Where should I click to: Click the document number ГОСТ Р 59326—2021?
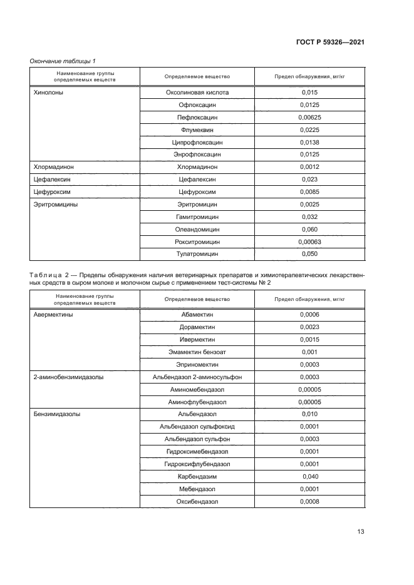pyautogui.click(x=329, y=43)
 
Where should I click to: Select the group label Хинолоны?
pyautogui.click(x=48, y=93)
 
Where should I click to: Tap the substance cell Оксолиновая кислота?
pyautogui.click(x=197, y=93)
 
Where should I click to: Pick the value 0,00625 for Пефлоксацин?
pyautogui.click(x=309, y=118)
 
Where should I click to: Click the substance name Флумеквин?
pyautogui.click(x=197, y=130)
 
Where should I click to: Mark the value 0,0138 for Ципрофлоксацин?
pyautogui.click(x=309, y=143)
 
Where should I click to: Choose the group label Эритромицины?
pyautogui.click(x=54, y=205)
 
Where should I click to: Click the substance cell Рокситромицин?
pyautogui.click(x=197, y=242)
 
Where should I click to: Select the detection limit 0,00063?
pyautogui.click(x=309, y=242)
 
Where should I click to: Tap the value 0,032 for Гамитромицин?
pyautogui.click(x=309, y=217)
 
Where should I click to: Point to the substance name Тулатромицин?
pyautogui.click(x=197, y=254)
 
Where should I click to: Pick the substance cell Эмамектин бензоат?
pyautogui.click(x=197, y=352)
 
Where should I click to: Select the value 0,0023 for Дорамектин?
pyautogui.click(x=309, y=327)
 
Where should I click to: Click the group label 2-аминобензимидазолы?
pyautogui.click(x=68, y=377)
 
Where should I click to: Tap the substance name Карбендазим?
pyautogui.click(x=197, y=476)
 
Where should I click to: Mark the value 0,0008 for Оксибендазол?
pyautogui.click(x=309, y=501)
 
